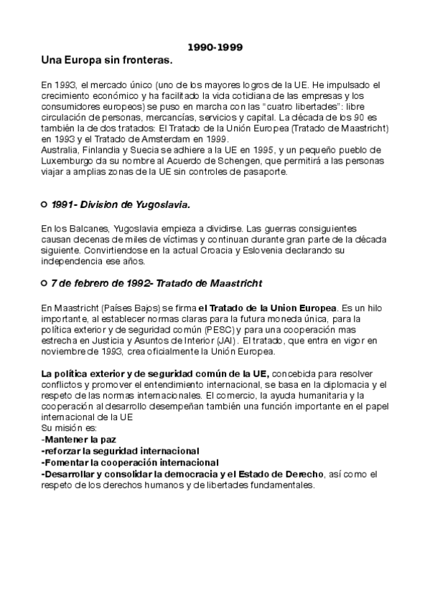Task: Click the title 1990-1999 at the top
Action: pyautogui.click(x=215, y=48)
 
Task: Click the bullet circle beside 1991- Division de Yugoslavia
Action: pyautogui.click(x=45, y=205)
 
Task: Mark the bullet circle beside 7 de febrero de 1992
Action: pyautogui.click(x=45, y=283)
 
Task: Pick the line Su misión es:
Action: pyautogui.click(x=64, y=428)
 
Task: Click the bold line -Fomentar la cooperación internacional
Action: pyautogui.click(x=130, y=462)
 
